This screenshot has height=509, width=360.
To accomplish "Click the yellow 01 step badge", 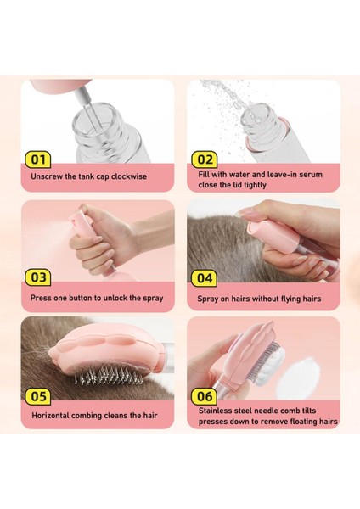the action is click(x=37, y=159).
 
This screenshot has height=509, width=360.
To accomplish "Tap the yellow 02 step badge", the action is click(x=205, y=159).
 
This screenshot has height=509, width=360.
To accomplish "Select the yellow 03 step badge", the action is click(x=37, y=277).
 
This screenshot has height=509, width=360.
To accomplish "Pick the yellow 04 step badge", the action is click(x=205, y=278).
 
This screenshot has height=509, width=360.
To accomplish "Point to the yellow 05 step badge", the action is click(x=37, y=396).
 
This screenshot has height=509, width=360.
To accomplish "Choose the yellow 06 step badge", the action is click(x=205, y=396).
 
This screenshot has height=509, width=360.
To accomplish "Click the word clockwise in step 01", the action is click(x=129, y=176).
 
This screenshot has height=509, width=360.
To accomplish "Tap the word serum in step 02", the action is click(x=311, y=175).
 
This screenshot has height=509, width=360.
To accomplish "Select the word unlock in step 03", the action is click(x=115, y=298).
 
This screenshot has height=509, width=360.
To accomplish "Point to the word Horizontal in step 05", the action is click(x=50, y=416).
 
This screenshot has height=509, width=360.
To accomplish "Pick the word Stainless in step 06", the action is click(x=214, y=411).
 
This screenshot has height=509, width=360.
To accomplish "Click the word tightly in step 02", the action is click(x=254, y=185).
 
